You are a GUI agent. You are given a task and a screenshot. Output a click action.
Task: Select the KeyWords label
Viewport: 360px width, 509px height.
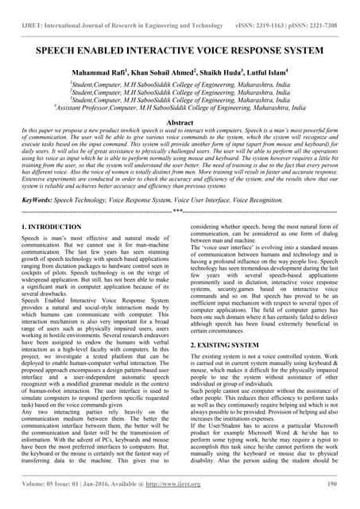coord(37,202)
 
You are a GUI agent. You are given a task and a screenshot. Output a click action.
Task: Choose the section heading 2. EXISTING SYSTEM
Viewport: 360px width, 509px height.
coord(230,346)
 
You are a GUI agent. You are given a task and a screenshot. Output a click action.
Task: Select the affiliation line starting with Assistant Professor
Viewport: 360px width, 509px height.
coord(180,107)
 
